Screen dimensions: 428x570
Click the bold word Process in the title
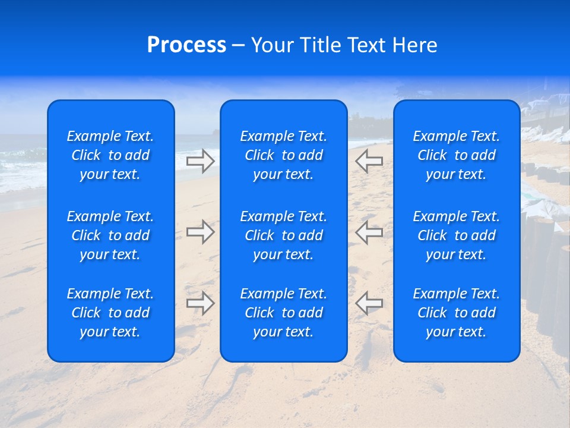(x=186, y=45)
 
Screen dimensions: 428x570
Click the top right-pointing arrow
(x=201, y=160)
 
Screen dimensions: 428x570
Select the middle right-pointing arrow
(x=201, y=232)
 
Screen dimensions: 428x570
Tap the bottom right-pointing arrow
(x=201, y=303)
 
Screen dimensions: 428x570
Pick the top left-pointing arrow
(x=369, y=160)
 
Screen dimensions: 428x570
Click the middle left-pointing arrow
(x=369, y=232)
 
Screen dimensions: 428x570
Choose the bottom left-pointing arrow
(x=369, y=303)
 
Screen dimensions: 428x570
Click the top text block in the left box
(x=110, y=155)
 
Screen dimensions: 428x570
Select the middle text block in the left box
(x=110, y=235)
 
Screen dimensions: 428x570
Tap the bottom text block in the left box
(x=110, y=313)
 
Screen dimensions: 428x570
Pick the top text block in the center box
(x=284, y=155)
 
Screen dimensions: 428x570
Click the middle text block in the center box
(x=284, y=235)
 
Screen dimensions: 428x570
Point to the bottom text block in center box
(x=284, y=313)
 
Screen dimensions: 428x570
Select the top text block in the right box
(x=457, y=155)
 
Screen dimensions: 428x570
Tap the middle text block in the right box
(x=457, y=235)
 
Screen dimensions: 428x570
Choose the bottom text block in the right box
(x=457, y=313)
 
